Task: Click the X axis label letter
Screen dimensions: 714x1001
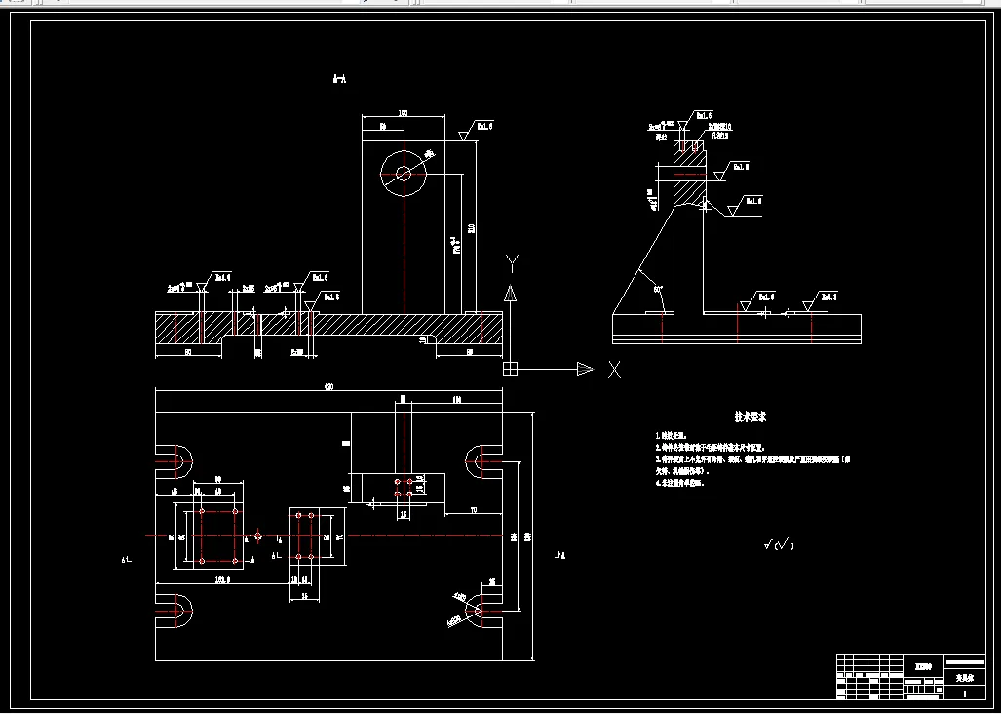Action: coord(614,370)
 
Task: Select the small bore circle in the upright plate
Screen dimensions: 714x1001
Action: coord(404,174)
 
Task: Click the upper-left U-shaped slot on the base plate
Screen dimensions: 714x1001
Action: coord(178,458)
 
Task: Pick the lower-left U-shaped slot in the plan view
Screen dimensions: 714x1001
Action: coord(178,611)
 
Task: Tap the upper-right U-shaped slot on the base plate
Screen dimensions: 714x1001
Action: coord(481,458)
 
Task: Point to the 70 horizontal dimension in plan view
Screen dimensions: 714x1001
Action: coord(473,510)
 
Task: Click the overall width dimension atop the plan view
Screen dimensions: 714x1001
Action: coord(328,387)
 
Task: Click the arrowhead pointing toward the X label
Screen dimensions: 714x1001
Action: coord(585,369)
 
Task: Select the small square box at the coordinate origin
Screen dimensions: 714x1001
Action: coord(509,369)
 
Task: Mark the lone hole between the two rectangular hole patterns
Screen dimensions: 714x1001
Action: coord(257,535)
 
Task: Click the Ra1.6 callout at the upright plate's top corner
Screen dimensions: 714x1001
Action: coord(483,126)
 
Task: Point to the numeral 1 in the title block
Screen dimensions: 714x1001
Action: coord(964,693)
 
